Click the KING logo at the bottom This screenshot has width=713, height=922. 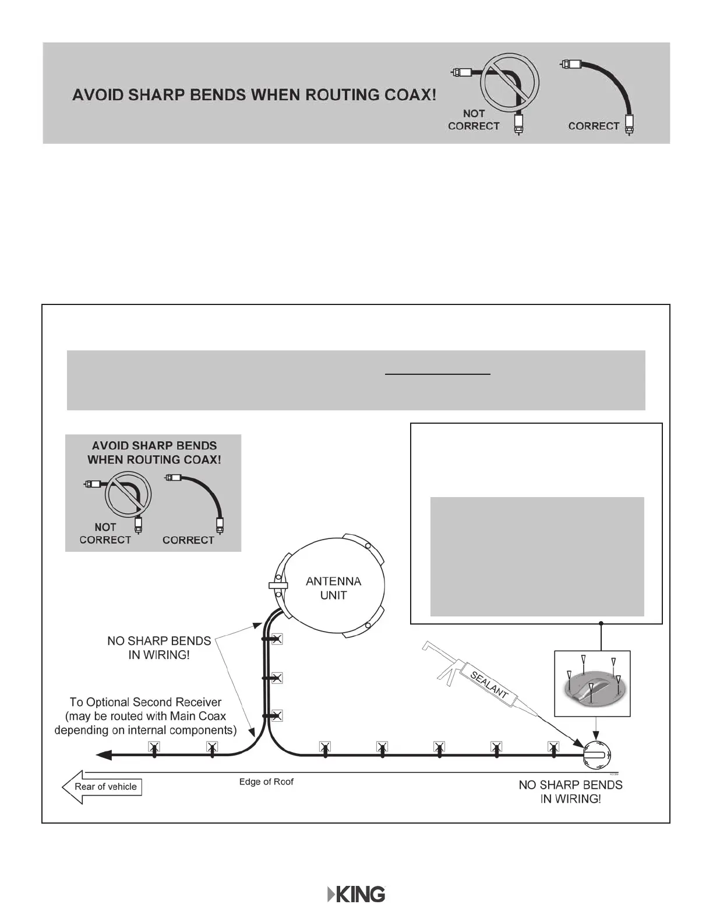pos(356,895)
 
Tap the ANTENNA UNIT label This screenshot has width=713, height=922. pos(333,588)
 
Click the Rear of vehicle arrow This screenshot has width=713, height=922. pos(102,787)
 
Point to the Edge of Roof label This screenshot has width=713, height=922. pos(266,782)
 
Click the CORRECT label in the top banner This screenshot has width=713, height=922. pos(593,126)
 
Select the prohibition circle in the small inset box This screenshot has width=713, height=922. pos(128,497)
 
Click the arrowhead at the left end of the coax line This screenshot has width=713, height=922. pos(104,755)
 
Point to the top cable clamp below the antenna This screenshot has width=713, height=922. pos(277,640)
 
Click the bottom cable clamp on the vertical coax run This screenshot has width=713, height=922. pos(277,715)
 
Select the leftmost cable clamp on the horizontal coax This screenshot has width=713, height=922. pos(154,747)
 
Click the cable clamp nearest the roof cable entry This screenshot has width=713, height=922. pos(553,747)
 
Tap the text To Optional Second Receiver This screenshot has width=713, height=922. pos(146,702)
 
